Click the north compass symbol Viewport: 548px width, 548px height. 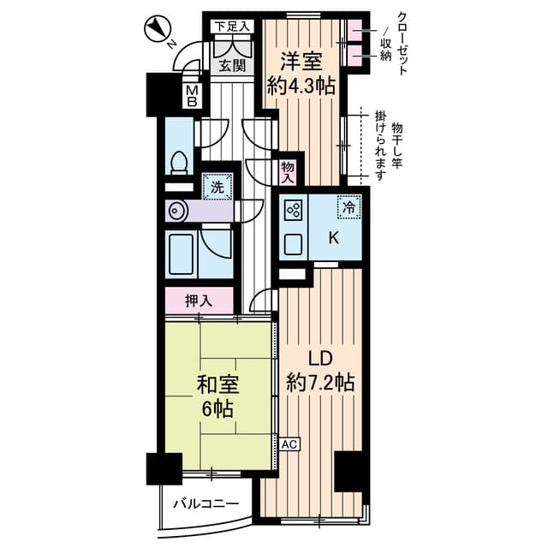pyautogui.click(x=157, y=31)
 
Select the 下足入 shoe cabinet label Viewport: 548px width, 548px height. pyautogui.click(x=232, y=27)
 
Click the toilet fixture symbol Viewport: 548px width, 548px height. pyautogui.click(x=180, y=162)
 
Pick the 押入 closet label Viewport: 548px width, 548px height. pyautogui.click(x=199, y=301)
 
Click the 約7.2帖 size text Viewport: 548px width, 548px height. pyautogui.click(x=320, y=383)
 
